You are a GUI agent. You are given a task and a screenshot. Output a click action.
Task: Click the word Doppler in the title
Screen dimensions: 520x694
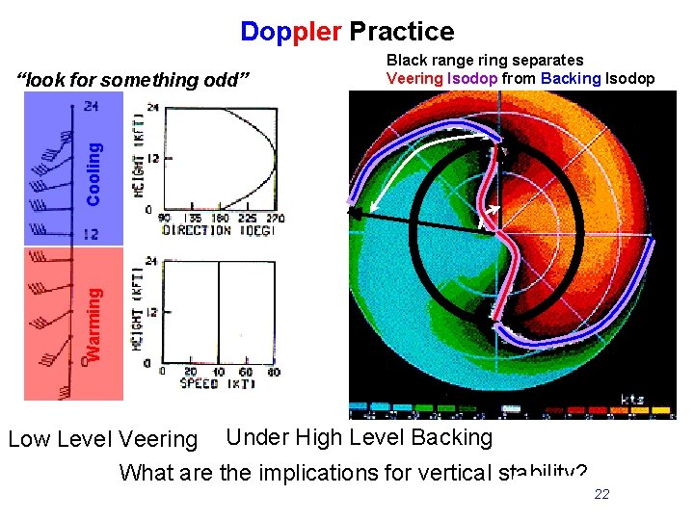(290, 32)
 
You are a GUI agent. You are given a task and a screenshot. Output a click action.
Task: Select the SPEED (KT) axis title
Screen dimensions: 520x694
(215, 384)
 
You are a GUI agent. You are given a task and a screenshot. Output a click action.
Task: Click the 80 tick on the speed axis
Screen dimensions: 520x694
(273, 373)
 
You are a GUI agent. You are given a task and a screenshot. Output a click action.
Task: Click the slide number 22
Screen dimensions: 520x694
(601, 494)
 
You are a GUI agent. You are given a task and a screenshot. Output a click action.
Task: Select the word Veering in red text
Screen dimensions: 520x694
(414, 78)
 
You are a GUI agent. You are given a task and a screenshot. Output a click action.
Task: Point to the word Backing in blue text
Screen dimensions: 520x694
(572, 78)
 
